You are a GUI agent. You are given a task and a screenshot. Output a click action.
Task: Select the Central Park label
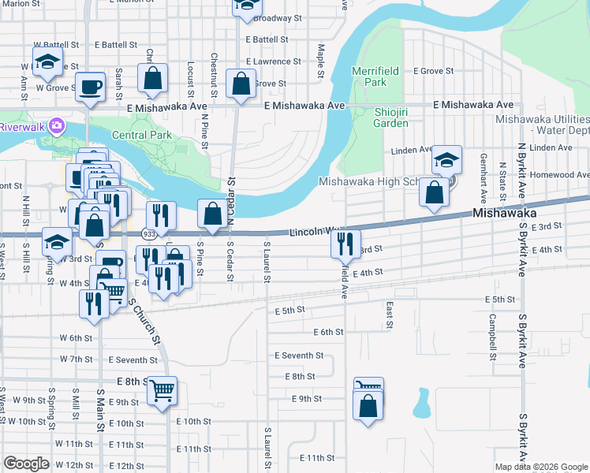pos(142,135)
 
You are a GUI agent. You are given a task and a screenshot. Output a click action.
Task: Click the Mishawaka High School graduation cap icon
pos(446,162)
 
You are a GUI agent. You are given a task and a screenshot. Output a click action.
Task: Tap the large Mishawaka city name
pos(504,213)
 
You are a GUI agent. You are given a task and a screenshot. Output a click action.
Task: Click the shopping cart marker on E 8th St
pos(162,389)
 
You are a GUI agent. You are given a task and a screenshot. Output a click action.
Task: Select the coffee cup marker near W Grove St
pos(91,87)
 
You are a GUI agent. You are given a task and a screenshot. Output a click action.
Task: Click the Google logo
pos(26,464)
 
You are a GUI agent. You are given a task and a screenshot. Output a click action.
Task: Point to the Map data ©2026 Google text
pos(541,467)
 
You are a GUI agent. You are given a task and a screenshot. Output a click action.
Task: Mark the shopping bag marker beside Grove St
pos(240,84)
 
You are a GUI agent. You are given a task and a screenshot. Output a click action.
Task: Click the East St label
pos(389,314)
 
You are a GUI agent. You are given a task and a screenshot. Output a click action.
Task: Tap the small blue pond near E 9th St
pos(420,403)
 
